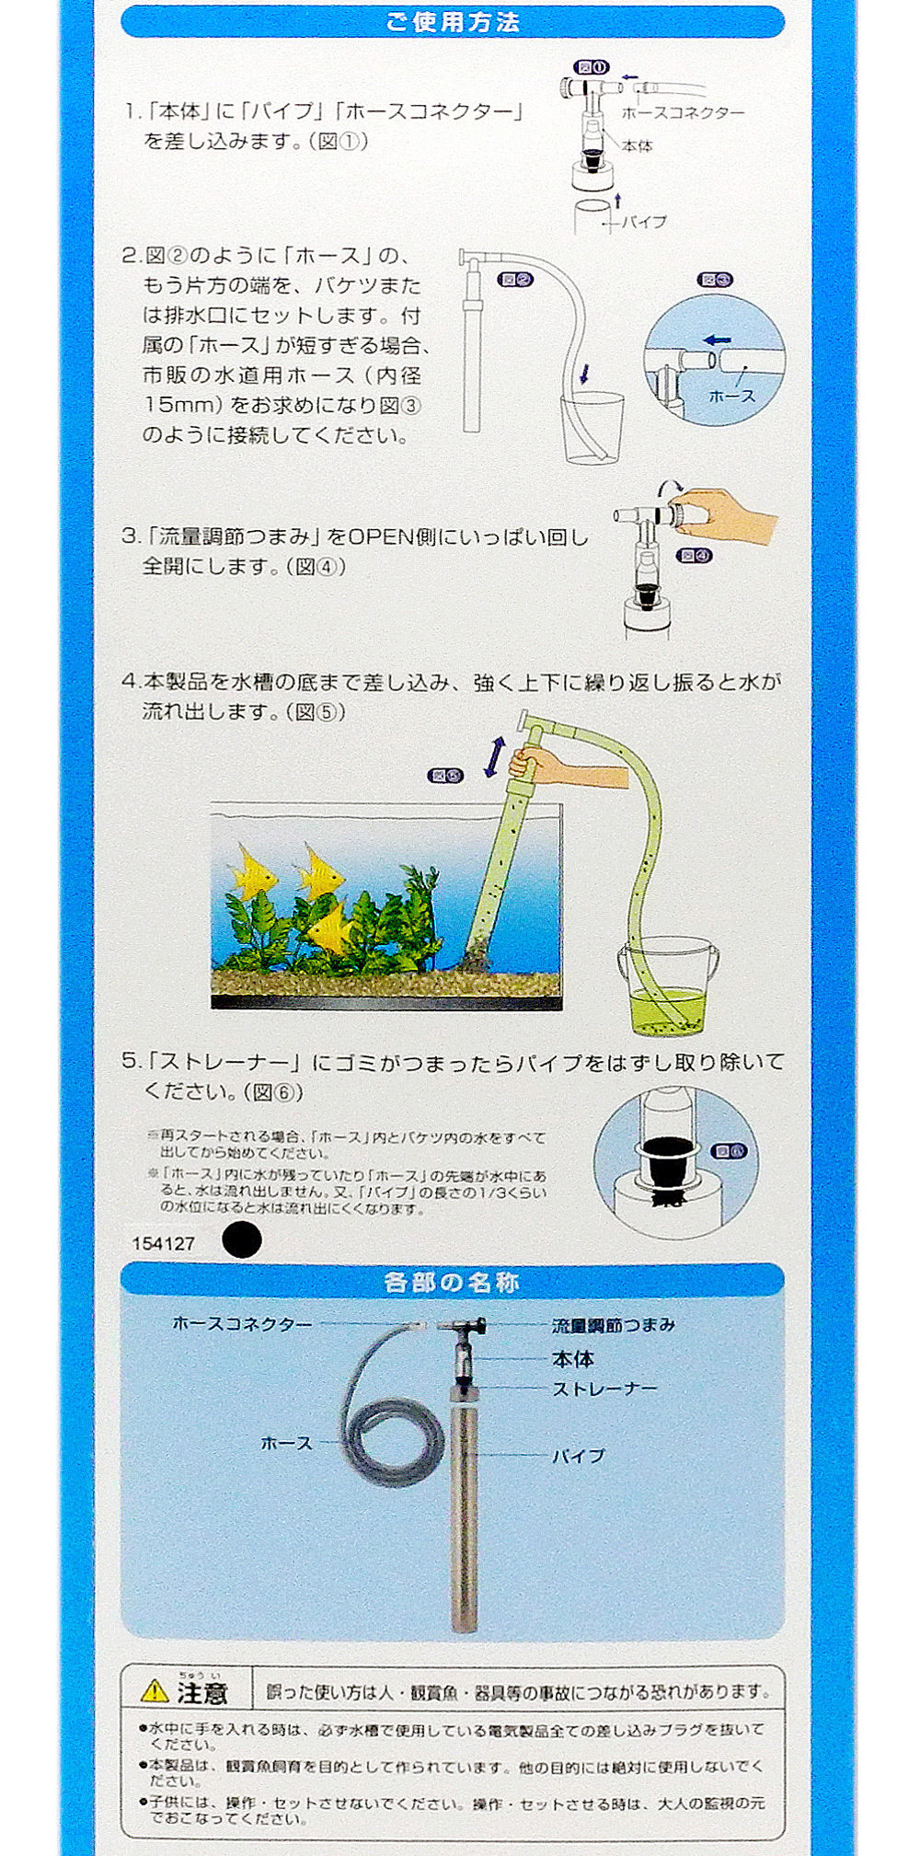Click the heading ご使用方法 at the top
[x=453, y=22]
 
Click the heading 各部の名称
[x=452, y=1282]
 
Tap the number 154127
[x=164, y=1243]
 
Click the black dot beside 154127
[x=242, y=1240]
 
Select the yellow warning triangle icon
[x=155, y=1690]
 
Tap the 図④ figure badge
[x=694, y=556]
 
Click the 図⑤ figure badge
[x=446, y=776]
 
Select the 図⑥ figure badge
[x=730, y=1151]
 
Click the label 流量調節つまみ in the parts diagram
[x=614, y=1325]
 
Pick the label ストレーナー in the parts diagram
[x=605, y=1389]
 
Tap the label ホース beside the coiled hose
[x=287, y=1443]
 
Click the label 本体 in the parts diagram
[x=573, y=1358]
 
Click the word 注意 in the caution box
[x=202, y=1692]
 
